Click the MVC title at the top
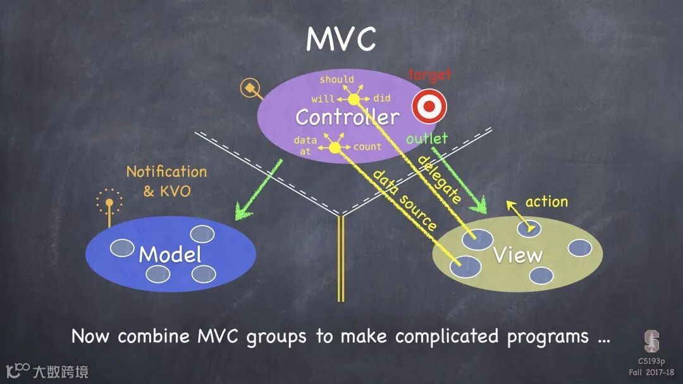341,39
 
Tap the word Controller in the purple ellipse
347,117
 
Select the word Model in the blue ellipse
170,255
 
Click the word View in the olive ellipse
518,255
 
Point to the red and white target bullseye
429,106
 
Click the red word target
430,75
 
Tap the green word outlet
427,138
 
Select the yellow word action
546,201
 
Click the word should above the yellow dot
336,80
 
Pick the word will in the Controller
323,99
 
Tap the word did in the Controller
382,99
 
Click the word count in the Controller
367,147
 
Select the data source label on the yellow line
405,200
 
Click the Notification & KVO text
166,181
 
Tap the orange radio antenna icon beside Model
109,205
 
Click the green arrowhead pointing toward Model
241,212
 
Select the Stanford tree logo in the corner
651,340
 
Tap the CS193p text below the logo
651,361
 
